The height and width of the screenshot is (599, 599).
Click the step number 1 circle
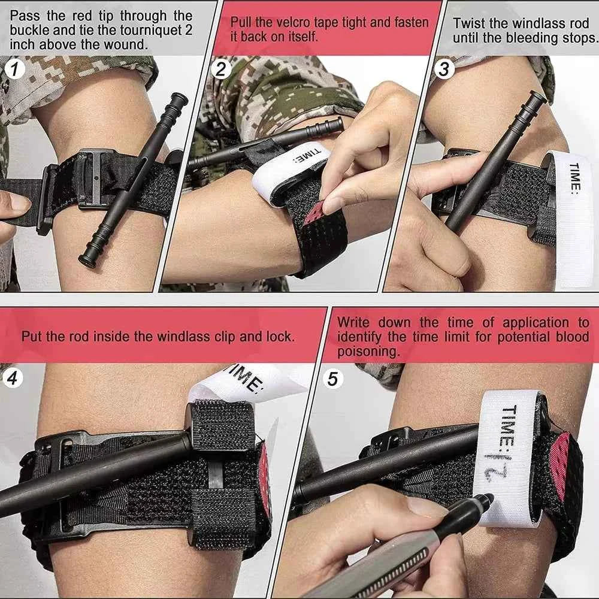(14, 69)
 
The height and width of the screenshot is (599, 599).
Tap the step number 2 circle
(220, 69)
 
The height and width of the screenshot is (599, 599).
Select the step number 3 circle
(443, 69)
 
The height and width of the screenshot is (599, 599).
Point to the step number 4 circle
(14, 379)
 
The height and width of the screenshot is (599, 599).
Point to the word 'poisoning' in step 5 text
(368, 352)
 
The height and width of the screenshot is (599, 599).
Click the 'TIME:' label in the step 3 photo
(574, 178)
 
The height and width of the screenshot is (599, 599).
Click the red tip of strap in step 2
(314, 213)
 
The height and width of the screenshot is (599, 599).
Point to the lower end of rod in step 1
(87, 259)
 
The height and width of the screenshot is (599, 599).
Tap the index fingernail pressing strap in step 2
(331, 190)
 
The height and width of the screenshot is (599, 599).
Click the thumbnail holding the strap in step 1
(19, 204)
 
